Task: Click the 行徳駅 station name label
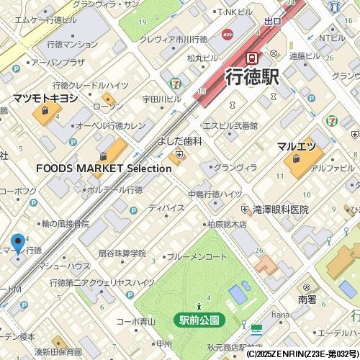251,76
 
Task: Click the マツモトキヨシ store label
45,97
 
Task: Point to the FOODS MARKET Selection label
104,168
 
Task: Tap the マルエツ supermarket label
297,146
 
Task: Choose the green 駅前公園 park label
199,319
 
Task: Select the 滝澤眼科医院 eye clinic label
281,210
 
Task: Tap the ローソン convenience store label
108,106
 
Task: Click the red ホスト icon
228,35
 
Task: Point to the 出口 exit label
273,22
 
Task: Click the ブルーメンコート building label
199,256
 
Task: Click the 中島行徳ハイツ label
215,194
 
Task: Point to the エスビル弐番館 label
230,125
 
